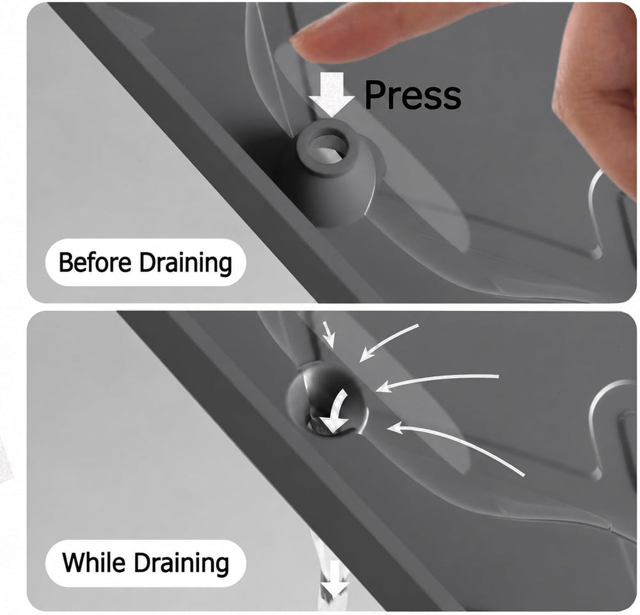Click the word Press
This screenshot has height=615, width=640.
(413, 95)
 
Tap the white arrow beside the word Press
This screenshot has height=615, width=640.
(332, 95)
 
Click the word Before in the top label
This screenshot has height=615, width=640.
(95, 262)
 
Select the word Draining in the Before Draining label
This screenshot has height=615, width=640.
(186, 263)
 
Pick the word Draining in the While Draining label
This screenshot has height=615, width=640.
(181, 564)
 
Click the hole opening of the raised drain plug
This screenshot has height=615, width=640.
(328, 148)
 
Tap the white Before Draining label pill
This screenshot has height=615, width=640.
(146, 262)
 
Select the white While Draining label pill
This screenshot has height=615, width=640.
(146, 563)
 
